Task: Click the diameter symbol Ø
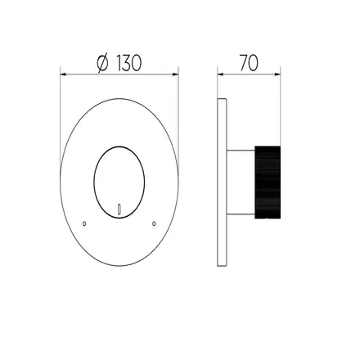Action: tap(102, 63)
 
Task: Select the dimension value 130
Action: tap(129, 63)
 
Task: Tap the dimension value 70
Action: tap(249, 63)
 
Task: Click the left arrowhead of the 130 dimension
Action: tap(63, 74)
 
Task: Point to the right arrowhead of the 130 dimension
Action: tap(175, 74)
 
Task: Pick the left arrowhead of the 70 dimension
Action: tap(220, 74)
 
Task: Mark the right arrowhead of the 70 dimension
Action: tap(277, 74)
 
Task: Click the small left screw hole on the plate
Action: tap(84, 223)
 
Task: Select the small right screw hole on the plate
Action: tap(154, 223)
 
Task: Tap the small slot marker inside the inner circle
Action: tap(119, 209)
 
